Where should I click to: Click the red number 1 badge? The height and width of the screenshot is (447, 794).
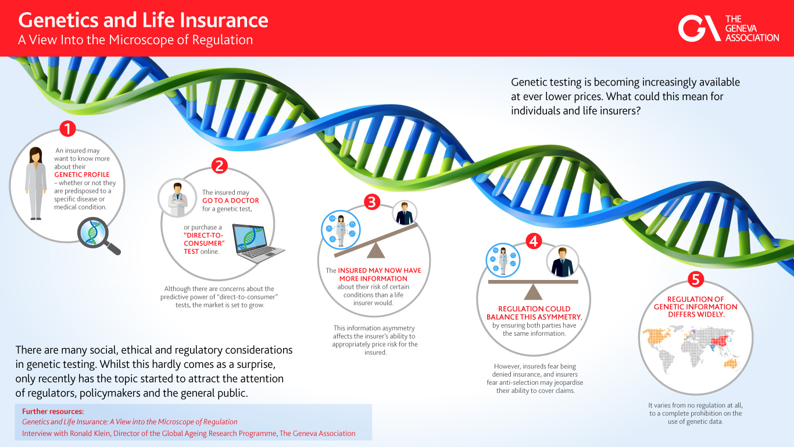pos(67,129)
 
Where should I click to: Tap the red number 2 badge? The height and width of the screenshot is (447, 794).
pos(219,165)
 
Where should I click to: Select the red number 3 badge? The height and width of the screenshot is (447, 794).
pos(372,202)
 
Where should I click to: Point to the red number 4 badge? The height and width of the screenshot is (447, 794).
pos(534,241)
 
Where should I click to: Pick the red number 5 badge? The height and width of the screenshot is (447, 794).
pos(695,279)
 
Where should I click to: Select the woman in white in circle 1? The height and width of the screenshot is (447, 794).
pos(36,183)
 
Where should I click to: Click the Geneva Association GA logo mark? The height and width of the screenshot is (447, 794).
pos(699,28)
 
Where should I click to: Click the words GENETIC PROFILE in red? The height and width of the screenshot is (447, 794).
pos(82,175)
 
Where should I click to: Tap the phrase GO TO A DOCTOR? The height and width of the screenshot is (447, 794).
pos(230,201)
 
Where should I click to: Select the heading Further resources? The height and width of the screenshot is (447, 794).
pos(53,411)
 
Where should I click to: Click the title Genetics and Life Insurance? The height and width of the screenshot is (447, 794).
pos(143,20)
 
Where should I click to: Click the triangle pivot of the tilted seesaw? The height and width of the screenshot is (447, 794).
pos(375,250)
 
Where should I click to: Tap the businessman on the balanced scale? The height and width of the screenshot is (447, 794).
pos(562,262)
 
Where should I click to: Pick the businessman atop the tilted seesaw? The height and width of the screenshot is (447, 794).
pos(405,213)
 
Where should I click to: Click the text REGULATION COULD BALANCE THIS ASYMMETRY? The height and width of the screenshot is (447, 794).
pos(534,313)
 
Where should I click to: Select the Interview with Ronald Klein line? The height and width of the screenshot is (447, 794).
pos(188,434)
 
